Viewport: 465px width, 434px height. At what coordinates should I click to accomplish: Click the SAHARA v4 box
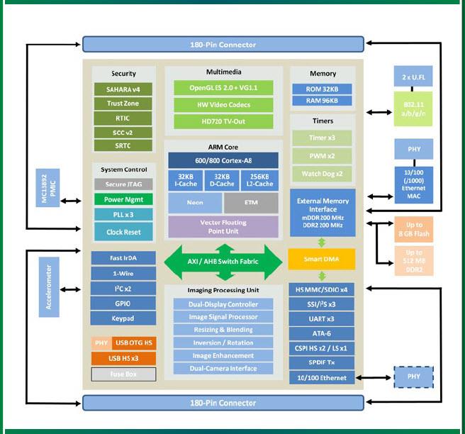[x=123, y=89]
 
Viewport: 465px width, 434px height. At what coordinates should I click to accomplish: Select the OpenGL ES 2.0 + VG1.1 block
[x=223, y=88]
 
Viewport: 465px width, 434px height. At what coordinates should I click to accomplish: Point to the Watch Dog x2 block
[x=323, y=174]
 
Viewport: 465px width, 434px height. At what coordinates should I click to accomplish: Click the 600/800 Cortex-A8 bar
[x=223, y=160]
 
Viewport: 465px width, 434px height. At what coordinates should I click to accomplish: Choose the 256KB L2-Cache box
[x=260, y=179]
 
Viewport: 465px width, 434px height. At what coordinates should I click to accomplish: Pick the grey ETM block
[x=251, y=203]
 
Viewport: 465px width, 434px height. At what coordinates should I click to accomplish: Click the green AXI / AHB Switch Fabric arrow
[x=223, y=260]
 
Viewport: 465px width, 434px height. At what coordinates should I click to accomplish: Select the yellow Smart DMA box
[x=322, y=259]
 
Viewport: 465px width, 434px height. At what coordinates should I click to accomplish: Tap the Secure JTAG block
[x=123, y=184]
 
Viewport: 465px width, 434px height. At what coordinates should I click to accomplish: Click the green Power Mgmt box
[x=123, y=199]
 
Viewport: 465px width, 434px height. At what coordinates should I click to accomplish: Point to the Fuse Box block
[x=123, y=374]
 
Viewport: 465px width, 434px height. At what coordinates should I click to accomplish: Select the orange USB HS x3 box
[x=123, y=358]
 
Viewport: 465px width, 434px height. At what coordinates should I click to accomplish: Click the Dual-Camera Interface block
[x=223, y=368]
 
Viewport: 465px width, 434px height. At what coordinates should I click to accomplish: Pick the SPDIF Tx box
[x=322, y=362]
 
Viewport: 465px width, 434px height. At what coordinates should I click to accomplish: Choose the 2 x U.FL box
[x=413, y=76]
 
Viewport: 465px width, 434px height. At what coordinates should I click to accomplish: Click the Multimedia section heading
[x=223, y=72]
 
